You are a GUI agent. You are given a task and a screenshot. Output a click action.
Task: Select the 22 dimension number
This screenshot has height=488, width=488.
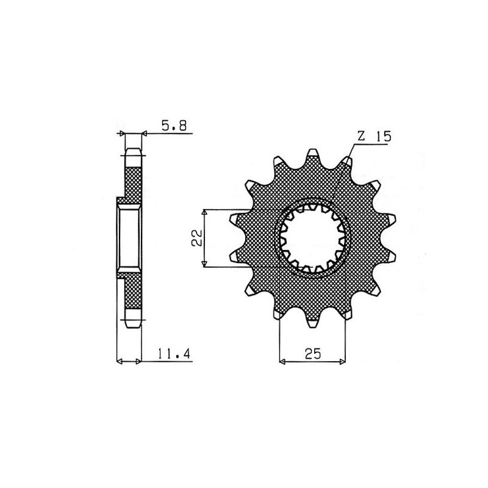196,238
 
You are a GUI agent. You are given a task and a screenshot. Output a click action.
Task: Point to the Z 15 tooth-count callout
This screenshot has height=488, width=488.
373,137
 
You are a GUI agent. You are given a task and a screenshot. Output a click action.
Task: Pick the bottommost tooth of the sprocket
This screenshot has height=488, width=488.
313,323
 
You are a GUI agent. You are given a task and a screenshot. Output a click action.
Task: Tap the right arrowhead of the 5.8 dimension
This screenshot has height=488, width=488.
145,134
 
